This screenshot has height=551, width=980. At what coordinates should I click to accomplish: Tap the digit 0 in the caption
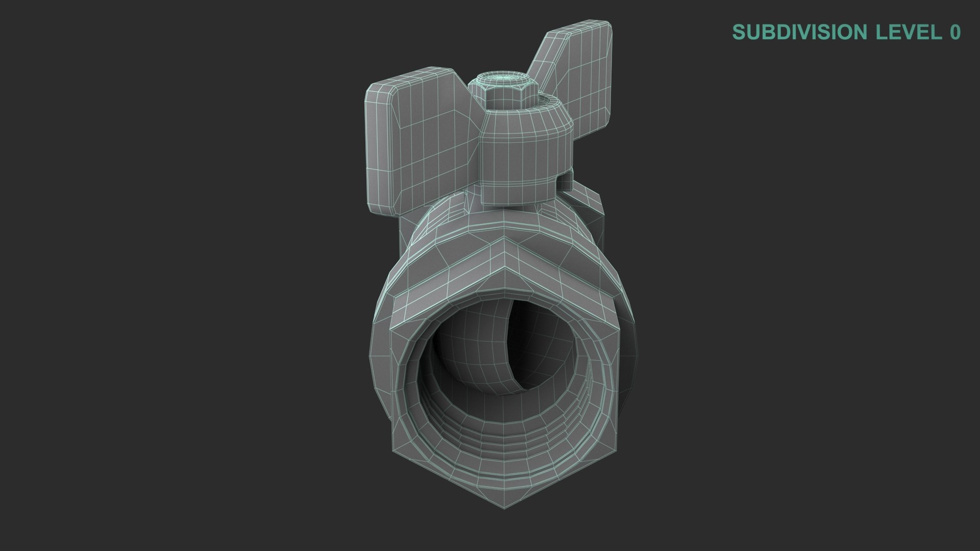click(955, 32)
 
